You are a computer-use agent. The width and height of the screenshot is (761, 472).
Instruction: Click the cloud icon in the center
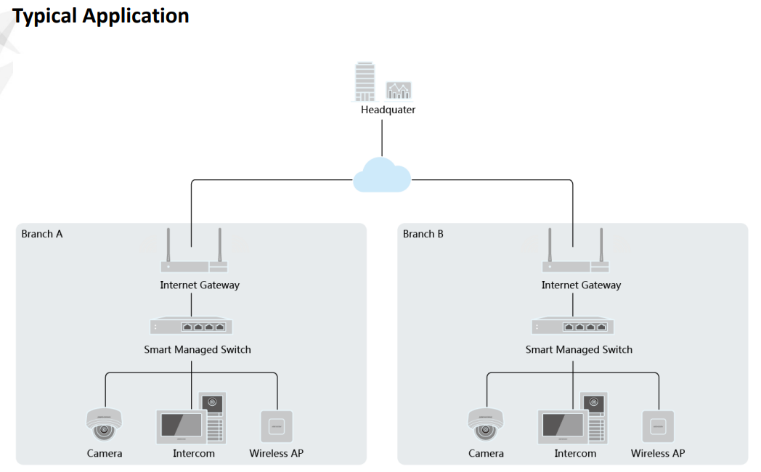pos(382,175)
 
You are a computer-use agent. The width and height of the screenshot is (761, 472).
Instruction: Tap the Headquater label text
pos(388,110)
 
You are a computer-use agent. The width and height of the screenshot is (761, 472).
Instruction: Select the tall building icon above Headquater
pos(365,81)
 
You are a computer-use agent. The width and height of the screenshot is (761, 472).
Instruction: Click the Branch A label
pos(42,235)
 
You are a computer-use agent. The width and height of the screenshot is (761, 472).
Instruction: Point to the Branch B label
pos(423,235)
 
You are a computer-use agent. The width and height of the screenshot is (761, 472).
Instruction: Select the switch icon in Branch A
pos(192,327)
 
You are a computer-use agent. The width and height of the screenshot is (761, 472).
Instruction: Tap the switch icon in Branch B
pos(573,327)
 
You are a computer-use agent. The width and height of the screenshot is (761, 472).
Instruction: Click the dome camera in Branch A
pos(104,425)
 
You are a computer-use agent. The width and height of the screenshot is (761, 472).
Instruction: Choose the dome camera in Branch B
pos(485,425)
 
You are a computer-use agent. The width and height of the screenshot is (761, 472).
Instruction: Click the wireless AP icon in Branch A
pos(277,426)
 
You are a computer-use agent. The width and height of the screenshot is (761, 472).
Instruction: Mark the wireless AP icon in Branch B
pos(658,426)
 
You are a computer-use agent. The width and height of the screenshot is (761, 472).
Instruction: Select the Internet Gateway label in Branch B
pos(581,285)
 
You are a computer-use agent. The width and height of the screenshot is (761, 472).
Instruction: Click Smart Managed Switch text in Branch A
pos(198,349)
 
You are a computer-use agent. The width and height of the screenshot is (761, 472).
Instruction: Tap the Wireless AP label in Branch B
pos(657,453)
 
